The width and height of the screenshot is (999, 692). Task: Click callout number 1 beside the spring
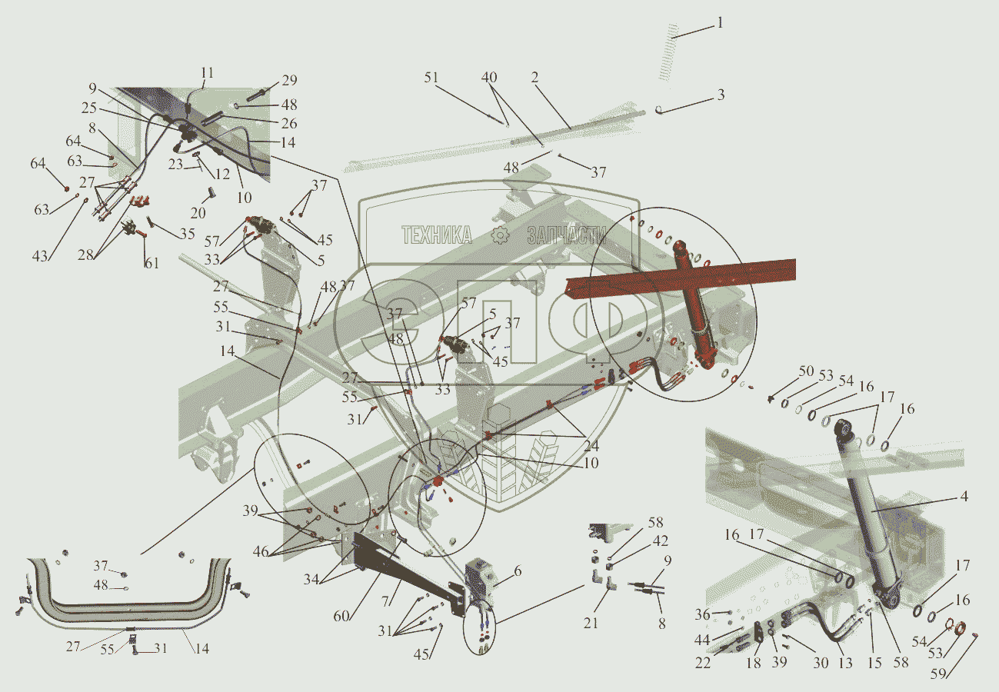pos(720,23)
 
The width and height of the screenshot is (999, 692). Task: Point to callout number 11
pos(208,74)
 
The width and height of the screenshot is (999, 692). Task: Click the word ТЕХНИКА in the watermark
pos(437,235)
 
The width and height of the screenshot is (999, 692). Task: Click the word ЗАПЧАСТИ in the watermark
pos(566,235)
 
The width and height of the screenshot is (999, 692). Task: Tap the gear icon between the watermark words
pos(500,236)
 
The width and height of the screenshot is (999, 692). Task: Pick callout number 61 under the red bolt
pos(152,264)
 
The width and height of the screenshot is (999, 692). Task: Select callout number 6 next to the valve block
pos(518,571)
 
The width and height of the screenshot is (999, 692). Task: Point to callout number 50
pos(806,371)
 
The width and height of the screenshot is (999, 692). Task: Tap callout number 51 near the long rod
pos(431,77)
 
